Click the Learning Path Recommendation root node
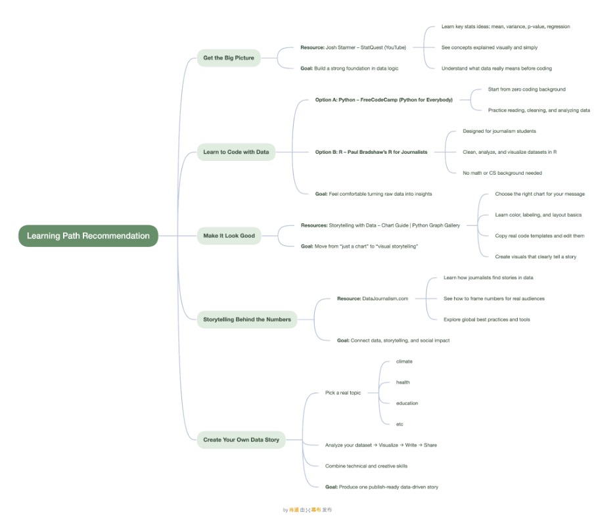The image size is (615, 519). click(88, 236)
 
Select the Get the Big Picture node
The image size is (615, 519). click(228, 58)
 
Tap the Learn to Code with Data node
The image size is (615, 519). click(236, 152)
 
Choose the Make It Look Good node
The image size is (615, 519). click(229, 236)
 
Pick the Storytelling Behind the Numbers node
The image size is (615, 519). click(246, 319)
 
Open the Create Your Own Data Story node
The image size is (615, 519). click(240, 440)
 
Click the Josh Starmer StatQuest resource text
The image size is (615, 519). click(353, 47)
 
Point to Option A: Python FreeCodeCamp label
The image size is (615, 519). click(384, 100)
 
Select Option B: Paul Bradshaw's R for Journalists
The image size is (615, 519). click(371, 152)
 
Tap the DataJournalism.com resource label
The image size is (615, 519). click(373, 298)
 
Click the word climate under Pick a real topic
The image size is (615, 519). click(404, 361)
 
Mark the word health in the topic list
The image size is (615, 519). click(403, 382)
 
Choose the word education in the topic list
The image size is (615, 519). click(407, 403)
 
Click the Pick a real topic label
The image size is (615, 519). click(343, 393)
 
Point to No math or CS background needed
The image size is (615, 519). click(502, 173)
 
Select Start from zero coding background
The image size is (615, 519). click(526, 89)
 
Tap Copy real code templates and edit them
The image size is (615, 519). click(539, 236)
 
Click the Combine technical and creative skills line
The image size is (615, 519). click(366, 466)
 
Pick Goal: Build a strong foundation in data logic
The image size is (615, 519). click(349, 68)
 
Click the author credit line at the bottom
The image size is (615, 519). click(307, 510)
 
